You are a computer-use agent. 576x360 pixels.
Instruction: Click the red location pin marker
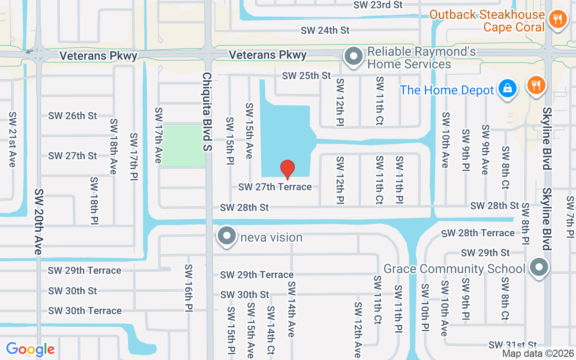click(x=288, y=169)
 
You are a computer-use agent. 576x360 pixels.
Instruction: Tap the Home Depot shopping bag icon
click(x=507, y=89)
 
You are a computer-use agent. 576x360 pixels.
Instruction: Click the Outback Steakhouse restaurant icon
click(x=558, y=19)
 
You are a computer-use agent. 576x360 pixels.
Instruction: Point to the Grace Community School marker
click(x=539, y=268)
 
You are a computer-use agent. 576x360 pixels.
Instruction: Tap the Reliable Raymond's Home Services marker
click(x=354, y=57)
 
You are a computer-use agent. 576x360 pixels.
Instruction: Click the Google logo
click(x=30, y=349)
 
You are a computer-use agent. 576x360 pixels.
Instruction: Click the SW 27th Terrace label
click(x=274, y=187)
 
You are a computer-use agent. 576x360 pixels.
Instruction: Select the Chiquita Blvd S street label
click(x=207, y=117)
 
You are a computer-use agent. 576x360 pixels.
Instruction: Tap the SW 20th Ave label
click(x=38, y=221)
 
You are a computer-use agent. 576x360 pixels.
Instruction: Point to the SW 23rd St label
click(x=378, y=5)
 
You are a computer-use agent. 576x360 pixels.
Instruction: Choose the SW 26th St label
click(x=72, y=116)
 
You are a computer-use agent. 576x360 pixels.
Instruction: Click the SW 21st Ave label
click(x=12, y=139)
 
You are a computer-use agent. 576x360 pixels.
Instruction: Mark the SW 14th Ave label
click(x=291, y=310)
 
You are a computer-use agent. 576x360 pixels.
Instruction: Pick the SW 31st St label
click(x=513, y=345)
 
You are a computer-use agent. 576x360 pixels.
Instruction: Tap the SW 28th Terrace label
click(x=478, y=233)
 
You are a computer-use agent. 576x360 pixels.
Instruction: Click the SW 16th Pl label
click(x=188, y=288)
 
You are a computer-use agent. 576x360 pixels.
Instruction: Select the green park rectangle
click(x=183, y=145)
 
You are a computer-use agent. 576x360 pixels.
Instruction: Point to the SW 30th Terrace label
click(x=85, y=310)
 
